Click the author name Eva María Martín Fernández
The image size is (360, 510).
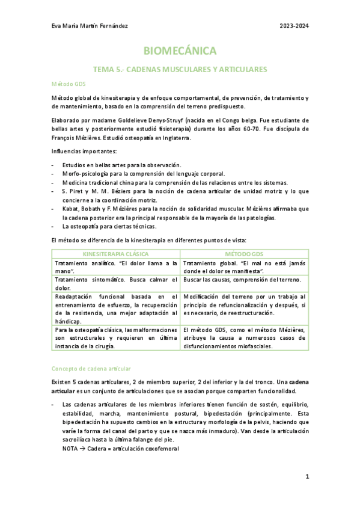90,26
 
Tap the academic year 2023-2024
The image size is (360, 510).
294,26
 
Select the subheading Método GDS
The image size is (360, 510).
69,84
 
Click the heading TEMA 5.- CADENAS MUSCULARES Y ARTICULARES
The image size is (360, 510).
180,70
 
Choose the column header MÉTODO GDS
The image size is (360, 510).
244,254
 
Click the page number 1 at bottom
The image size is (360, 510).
307,476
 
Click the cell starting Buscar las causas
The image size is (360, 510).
244,280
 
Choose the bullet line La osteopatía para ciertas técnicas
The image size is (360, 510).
109,226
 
